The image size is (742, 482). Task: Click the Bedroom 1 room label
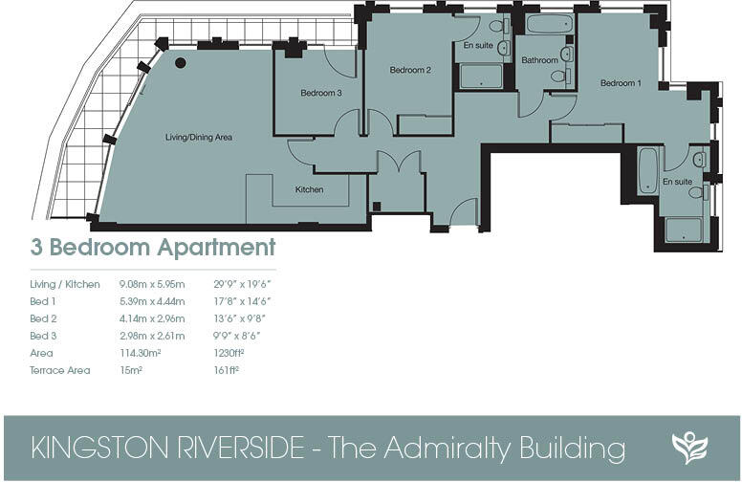(621, 83)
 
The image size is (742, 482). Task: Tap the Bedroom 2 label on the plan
(410, 70)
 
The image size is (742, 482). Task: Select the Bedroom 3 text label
(320, 93)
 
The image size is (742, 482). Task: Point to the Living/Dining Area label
(199, 138)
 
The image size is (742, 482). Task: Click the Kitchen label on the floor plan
(309, 189)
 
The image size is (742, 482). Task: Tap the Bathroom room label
(539, 60)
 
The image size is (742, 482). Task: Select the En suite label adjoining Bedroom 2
(477, 45)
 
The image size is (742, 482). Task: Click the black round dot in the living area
(180, 63)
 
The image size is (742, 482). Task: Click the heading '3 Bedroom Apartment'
(153, 248)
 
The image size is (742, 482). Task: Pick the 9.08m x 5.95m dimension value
(151, 284)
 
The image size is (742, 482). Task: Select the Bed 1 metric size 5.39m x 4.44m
(151, 301)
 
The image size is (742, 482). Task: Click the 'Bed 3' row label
(44, 336)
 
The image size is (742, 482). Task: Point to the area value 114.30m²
(140, 353)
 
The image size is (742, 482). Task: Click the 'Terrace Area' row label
(59, 370)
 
